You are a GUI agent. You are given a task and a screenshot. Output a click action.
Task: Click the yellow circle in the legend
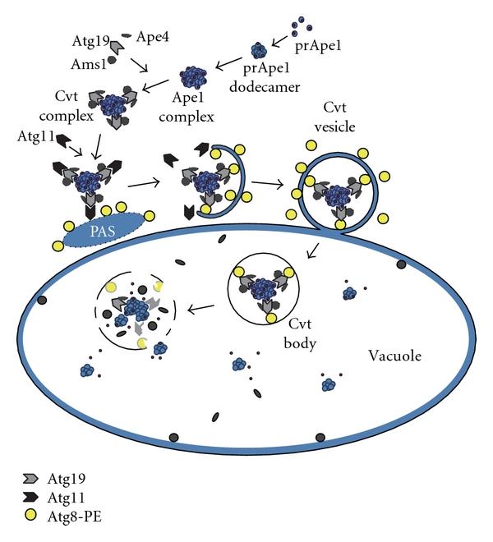point(30,515)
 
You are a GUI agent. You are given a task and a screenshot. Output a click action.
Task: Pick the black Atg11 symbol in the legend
point(30,496)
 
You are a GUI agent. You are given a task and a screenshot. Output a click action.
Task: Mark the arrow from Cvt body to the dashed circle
point(201,310)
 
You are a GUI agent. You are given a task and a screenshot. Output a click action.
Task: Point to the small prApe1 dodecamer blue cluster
point(260,50)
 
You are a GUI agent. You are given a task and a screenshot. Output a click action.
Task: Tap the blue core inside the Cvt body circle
point(265,291)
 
